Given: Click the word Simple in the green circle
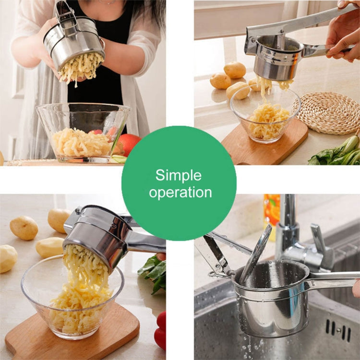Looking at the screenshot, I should [x=179, y=175].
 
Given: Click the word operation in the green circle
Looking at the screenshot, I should [x=180, y=192].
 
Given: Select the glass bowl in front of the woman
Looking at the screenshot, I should [x=83, y=132].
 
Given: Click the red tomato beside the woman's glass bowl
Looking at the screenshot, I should [x=129, y=144].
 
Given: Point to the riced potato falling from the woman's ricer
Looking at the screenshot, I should [x=80, y=67].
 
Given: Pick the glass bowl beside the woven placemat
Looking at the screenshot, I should [x=265, y=115].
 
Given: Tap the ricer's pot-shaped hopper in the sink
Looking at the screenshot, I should [x=269, y=302].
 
